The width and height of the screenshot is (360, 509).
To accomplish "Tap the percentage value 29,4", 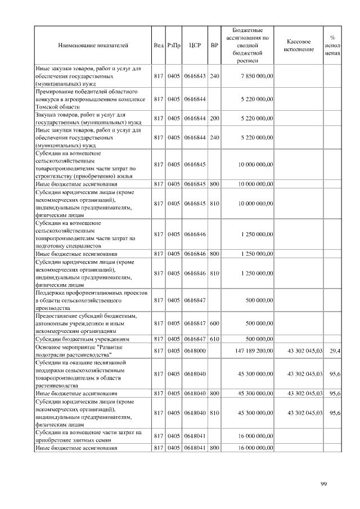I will coord(334,350).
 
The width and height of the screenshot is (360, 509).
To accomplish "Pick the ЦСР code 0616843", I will coord(195,76).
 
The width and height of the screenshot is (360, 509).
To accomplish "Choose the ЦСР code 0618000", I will coord(195,350).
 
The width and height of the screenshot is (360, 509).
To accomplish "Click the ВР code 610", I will coord(214,340).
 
